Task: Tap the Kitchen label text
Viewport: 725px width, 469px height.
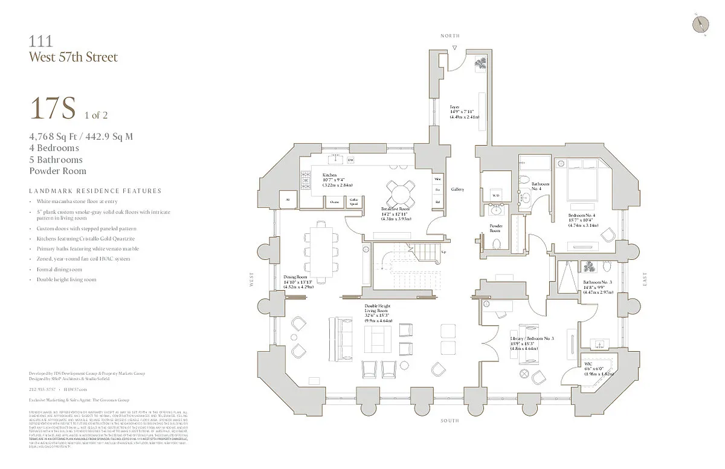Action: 330,175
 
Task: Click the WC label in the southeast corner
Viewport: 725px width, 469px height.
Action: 588,364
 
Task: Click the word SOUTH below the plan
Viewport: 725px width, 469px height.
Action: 449,421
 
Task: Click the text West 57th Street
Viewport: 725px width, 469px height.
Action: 73,57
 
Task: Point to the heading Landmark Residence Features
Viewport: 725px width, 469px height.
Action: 95,191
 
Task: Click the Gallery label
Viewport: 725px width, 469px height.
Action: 457,189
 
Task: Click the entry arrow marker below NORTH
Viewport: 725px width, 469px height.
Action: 455,47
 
